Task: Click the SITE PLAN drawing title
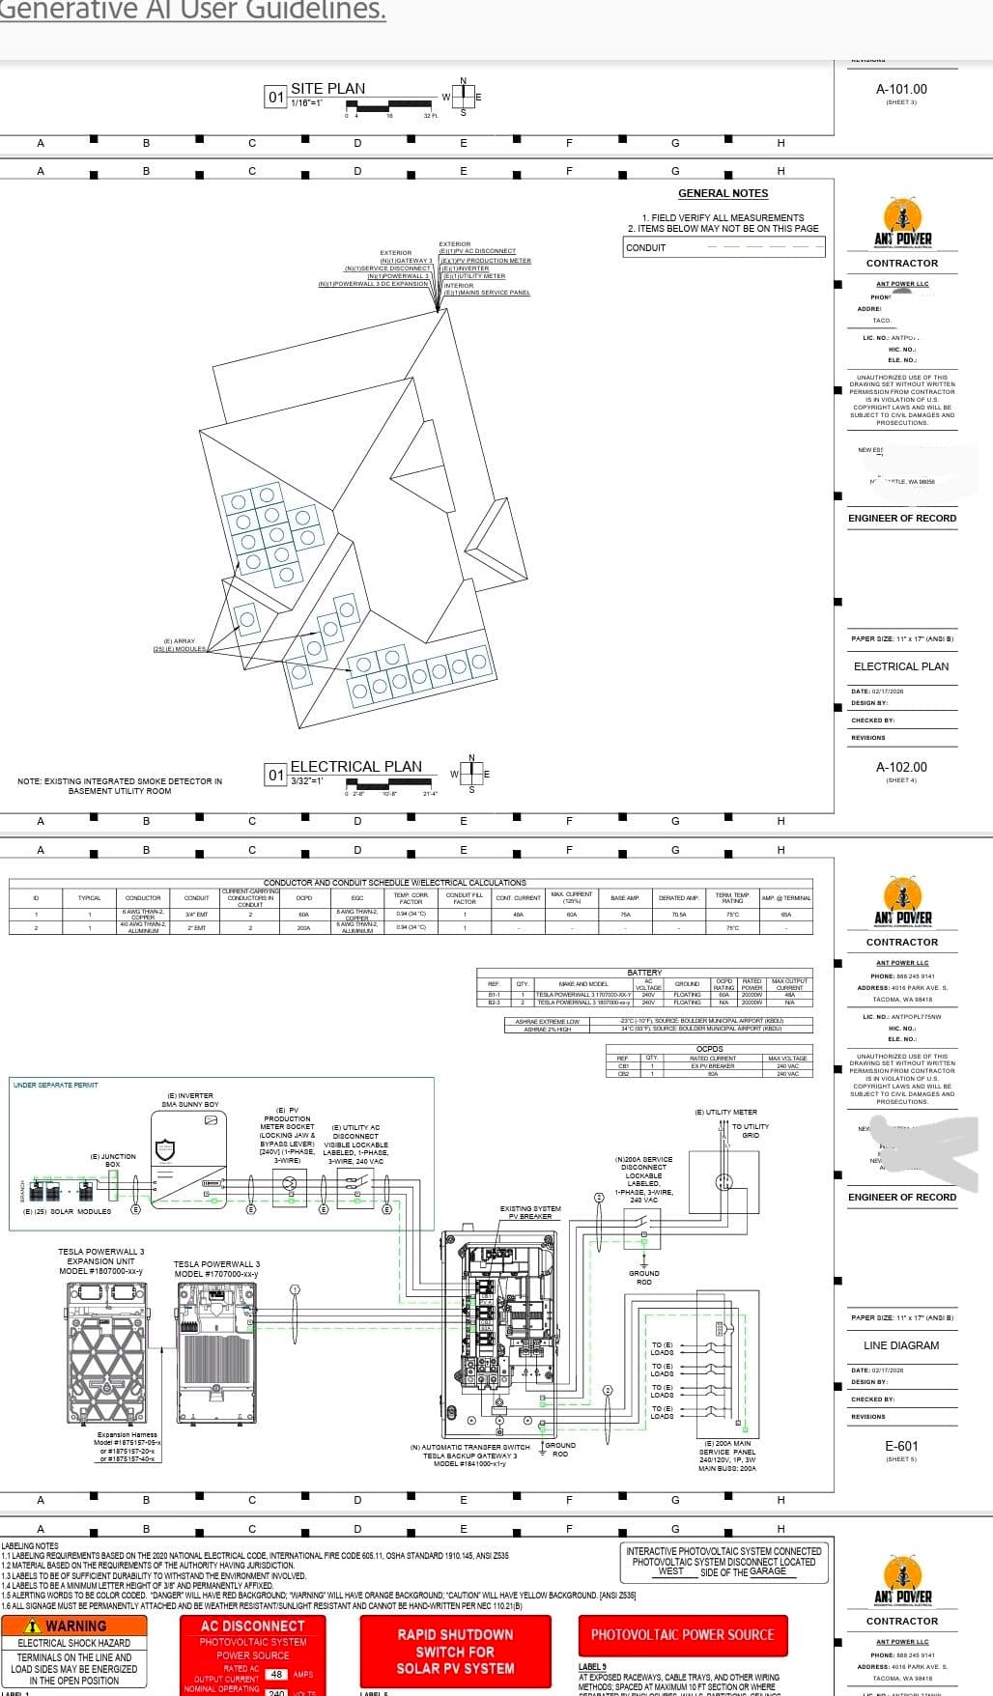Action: pos(328,89)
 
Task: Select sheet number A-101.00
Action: pos(900,89)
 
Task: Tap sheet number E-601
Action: pos(901,1446)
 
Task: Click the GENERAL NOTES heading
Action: pos(723,193)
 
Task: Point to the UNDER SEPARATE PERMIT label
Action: pos(56,1085)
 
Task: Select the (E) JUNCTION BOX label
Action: pos(113,1160)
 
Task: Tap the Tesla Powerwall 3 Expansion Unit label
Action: pos(100,1260)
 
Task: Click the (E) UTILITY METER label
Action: pos(725,1112)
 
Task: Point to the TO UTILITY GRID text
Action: pos(751,1131)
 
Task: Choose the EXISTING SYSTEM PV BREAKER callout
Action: pos(530,1212)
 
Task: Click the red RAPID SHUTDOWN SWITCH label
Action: pos(455,1651)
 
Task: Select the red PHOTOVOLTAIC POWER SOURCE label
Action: pos(682,1634)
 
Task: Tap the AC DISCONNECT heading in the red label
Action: pos(252,1626)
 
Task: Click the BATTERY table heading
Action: pos(644,973)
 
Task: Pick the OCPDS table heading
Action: pos(709,1049)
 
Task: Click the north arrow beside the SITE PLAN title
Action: pos(464,96)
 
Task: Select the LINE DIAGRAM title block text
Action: pos(900,1345)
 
